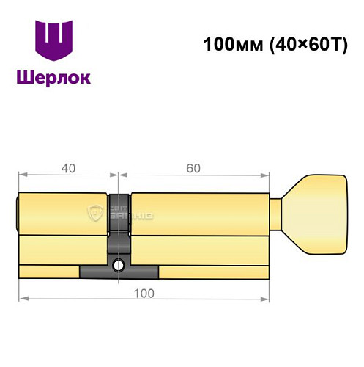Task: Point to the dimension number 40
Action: click(x=67, y=168)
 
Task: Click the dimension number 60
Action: click(x=193, y=168)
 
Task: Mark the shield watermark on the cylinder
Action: click(x=95, y=214)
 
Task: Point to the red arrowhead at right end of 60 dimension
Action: click(x=264, y=175)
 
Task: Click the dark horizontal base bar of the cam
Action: click(x=118, y=273)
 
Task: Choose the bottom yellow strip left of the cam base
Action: click(x=48, y=273)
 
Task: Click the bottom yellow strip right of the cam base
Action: click(x=212, y=273)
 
